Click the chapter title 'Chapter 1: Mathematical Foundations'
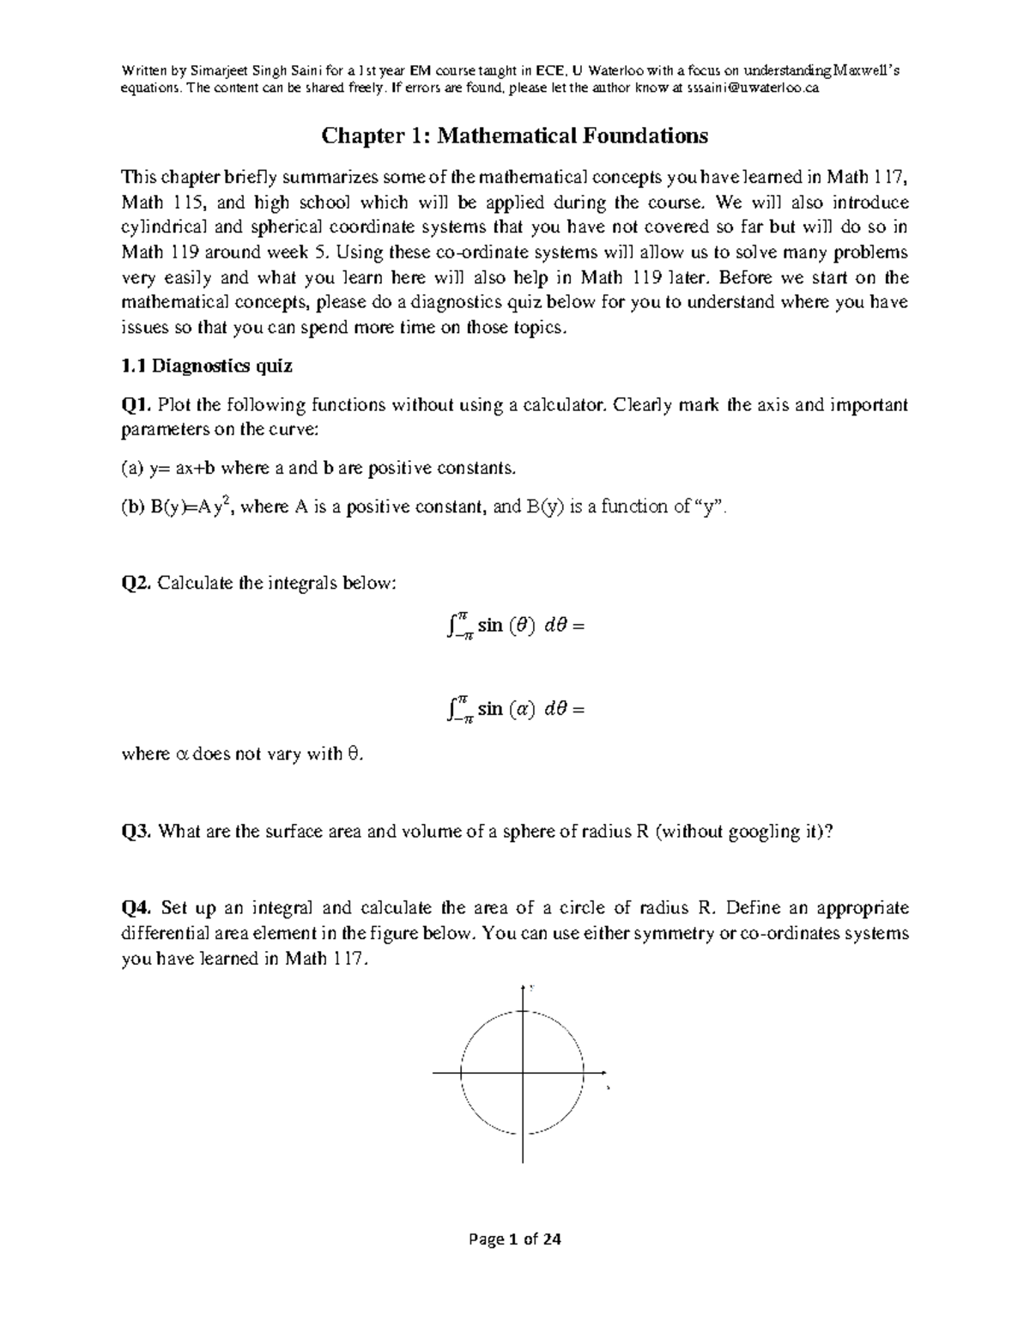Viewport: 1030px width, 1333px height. [x=514, y=136]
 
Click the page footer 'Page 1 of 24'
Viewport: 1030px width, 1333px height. [x=514, y=1239]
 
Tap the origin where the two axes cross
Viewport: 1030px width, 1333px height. [x=523, y=1073]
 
